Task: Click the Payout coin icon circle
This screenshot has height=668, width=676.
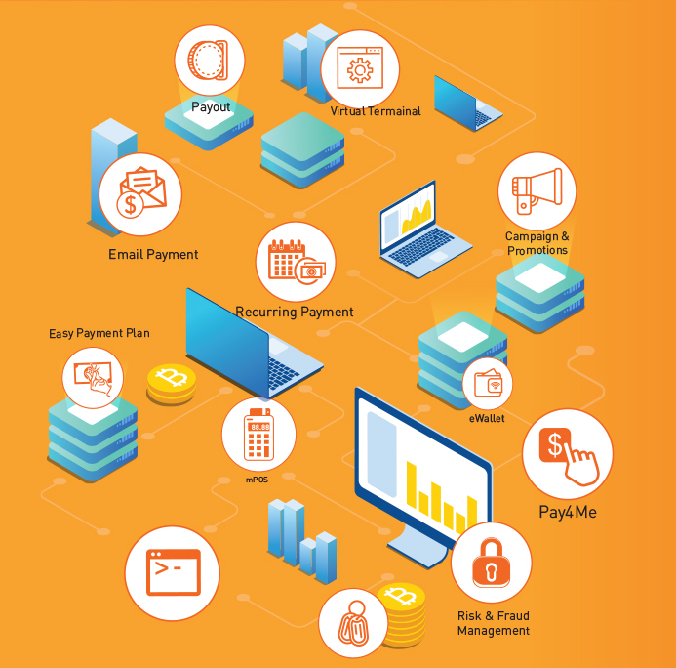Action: pyautogui.click(x=209, y=60)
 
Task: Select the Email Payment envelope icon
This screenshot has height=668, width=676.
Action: pyautogui.click(x=140, y=194)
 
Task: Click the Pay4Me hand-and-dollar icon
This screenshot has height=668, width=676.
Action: pyautogui.click(x=567, y=454)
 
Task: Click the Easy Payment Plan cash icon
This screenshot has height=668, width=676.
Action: pyautogui.click(x=94, y=378)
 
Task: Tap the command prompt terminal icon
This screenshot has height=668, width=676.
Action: pyautogui.click(x=173, y=572)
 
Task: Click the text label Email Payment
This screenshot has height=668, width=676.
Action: pyautogui.click(x=153, y=255)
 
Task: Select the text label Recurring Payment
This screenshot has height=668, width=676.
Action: pyautogui.click(x=294, y=313)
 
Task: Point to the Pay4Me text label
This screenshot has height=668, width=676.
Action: pyautogui.click(x=568, y=511)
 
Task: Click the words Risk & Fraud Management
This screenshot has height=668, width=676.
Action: pyautogui.click(x=493, y=623)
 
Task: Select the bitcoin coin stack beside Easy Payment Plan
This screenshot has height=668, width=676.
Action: pyautogui.click(x=172, y=384)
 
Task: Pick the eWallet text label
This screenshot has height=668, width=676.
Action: pyautogui.click(x=487, y=418)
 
